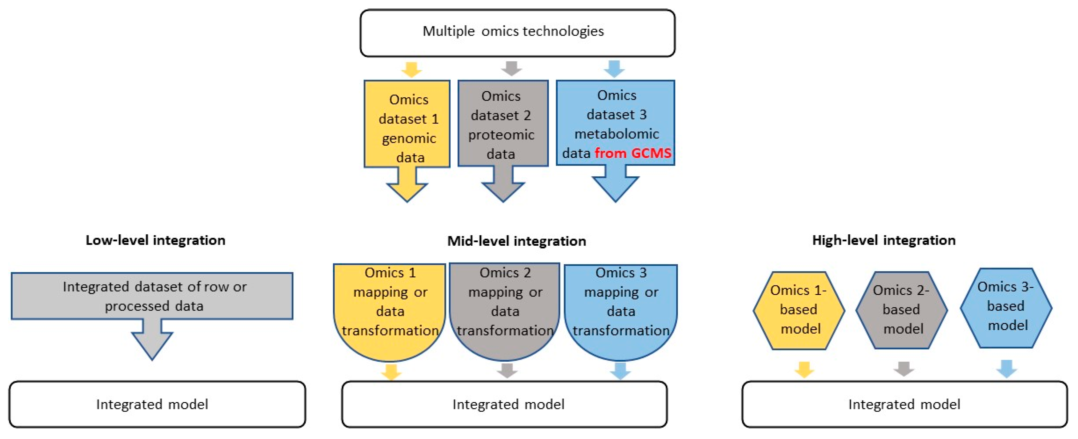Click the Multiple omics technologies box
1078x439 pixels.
(x=517, y=33)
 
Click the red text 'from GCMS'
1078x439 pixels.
(x=633, y=153)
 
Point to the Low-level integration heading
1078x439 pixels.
(x=155, y=240)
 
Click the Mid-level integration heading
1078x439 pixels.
(x=516, y=241)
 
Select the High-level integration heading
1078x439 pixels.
(x=884, y=240)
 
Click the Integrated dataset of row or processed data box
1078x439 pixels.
(x=152, y=296)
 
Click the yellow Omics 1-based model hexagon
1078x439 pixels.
(x=799, y=310)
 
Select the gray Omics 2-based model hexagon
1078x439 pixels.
(x=902, y=310)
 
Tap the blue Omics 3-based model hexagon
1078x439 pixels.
(x=1006, y=308)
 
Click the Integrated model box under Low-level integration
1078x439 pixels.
(x=157, y=404)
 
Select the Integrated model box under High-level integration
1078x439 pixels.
(x=905, y=404)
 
